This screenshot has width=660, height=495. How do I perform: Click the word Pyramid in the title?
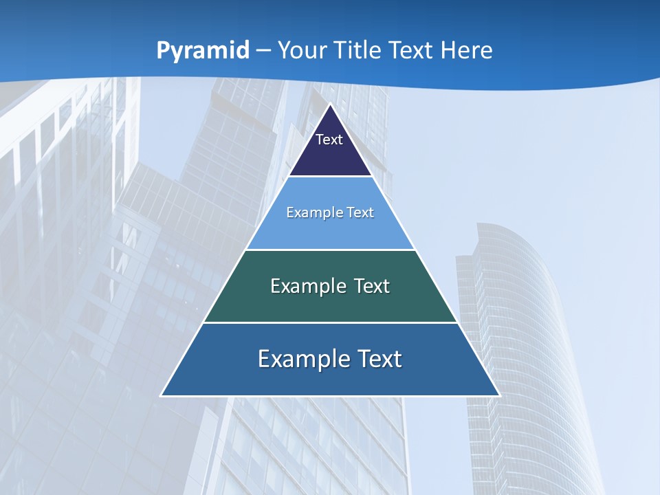(x=202, y=51)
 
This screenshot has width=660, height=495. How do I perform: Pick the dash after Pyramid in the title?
(x=263, y=51)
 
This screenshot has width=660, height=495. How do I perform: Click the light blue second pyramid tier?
(x=330, y=230)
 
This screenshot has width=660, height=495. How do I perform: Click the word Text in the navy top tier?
(x=329, y=140)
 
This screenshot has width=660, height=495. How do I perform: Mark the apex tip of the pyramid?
(x=331, y=104)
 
